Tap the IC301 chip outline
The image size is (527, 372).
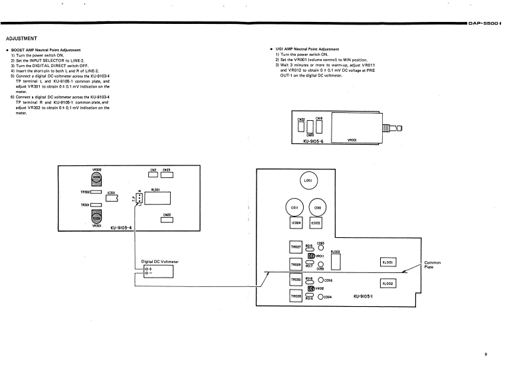click(x=111, y=199)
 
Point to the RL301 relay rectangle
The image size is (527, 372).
click(x=161, y=197)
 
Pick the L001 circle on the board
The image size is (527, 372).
click(x=308, y=181)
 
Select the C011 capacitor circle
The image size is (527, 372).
click(x=296, y=207)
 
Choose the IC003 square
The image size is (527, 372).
click(x=316, y=223)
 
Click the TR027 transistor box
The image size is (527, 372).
click(x=296, y=248)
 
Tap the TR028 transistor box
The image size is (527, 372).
click(x=296, y=296)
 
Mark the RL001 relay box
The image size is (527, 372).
click(x=388, y=262)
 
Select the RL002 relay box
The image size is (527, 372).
click(x=388, y=284)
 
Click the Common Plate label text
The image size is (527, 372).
click(x=433, y=264)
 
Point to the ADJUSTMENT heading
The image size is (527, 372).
click(x=21, y=38)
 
